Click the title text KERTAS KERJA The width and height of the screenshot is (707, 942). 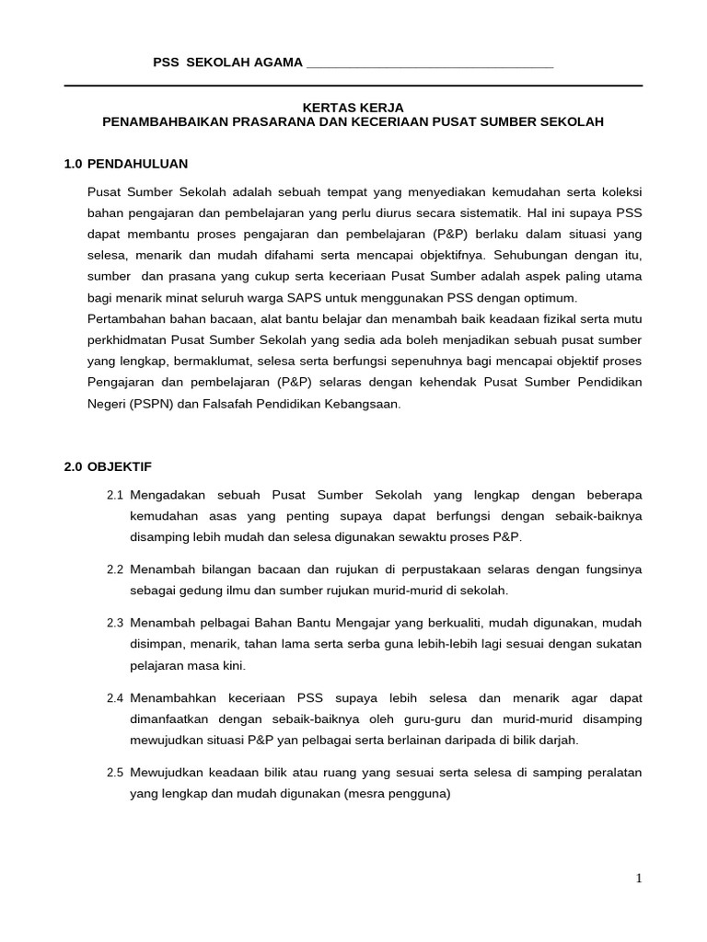pyautogui.click(x=353, y=107)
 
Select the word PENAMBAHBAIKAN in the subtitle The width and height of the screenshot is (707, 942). pyautogui.click(x=156, y=121)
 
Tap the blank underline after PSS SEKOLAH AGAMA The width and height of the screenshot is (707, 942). pyautogui.click(x=429, y=63)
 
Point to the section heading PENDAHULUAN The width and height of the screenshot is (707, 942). pyautogui.click(x=137, y=164)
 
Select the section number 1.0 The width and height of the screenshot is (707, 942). pyautogui.click(x=74, y=164)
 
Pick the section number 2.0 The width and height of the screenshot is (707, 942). pyautogui.click(x=74, y=466)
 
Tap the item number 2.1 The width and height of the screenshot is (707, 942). pyautogui.click(x=115, y=495)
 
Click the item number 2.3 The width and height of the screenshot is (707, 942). pyautogui.click(x=115, y=623)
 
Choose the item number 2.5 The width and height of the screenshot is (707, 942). pyautogui.click(x=115, y=772)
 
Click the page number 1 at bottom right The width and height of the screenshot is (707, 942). pyautogui.click(x=639, y=879)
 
